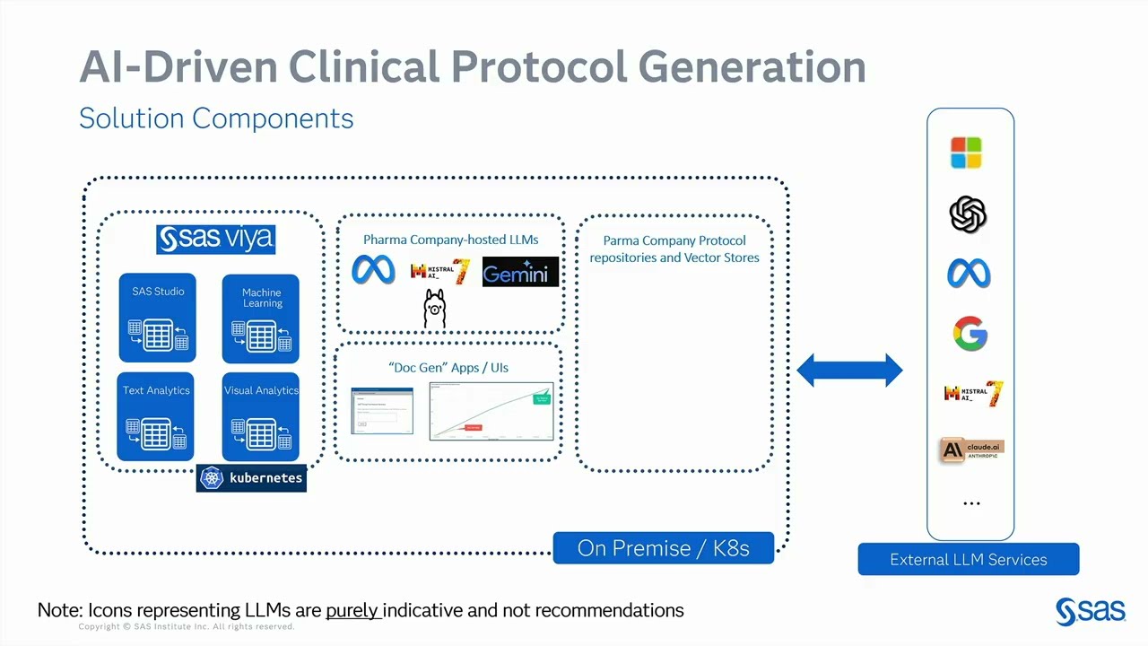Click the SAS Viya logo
(215, 240)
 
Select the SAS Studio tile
(157, 318)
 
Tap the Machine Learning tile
(260, 319)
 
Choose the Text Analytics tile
(156, 416)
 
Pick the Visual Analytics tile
(260, 416)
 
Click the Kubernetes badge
(251, 478)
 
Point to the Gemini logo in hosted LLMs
(520, 272)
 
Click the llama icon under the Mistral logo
(435, 309)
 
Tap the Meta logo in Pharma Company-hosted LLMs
(373, 270)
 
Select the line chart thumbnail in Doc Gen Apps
(491, 411)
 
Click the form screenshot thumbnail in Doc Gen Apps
(382, 411)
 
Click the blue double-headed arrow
(849, 370)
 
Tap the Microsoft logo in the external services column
(966, 153)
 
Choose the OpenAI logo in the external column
(968, 214)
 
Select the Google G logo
(970, 335)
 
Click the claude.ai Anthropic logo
(971, 450)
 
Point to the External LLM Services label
(969, 559)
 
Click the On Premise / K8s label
(663, 548)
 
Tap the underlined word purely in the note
(353, 610)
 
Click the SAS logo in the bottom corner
(1090, 611)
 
